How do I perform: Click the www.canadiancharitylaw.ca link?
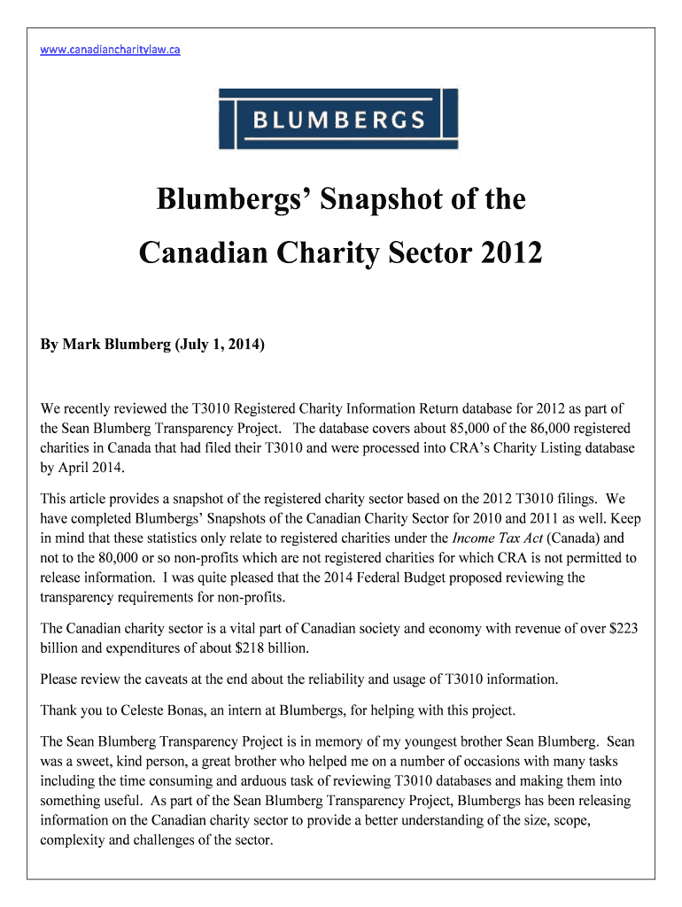(x=111, y=50)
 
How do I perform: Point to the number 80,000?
(x=128, y=558)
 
